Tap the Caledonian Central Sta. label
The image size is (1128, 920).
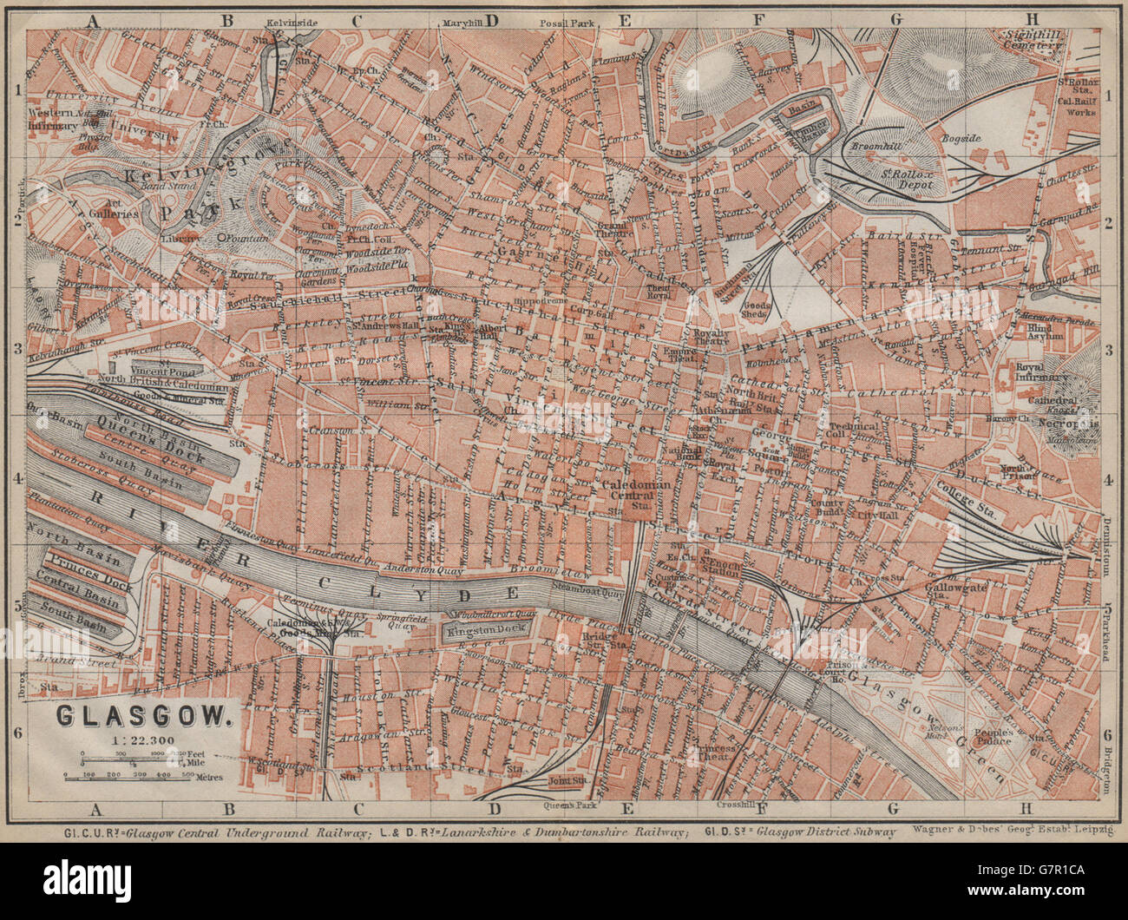click(638, 493)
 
